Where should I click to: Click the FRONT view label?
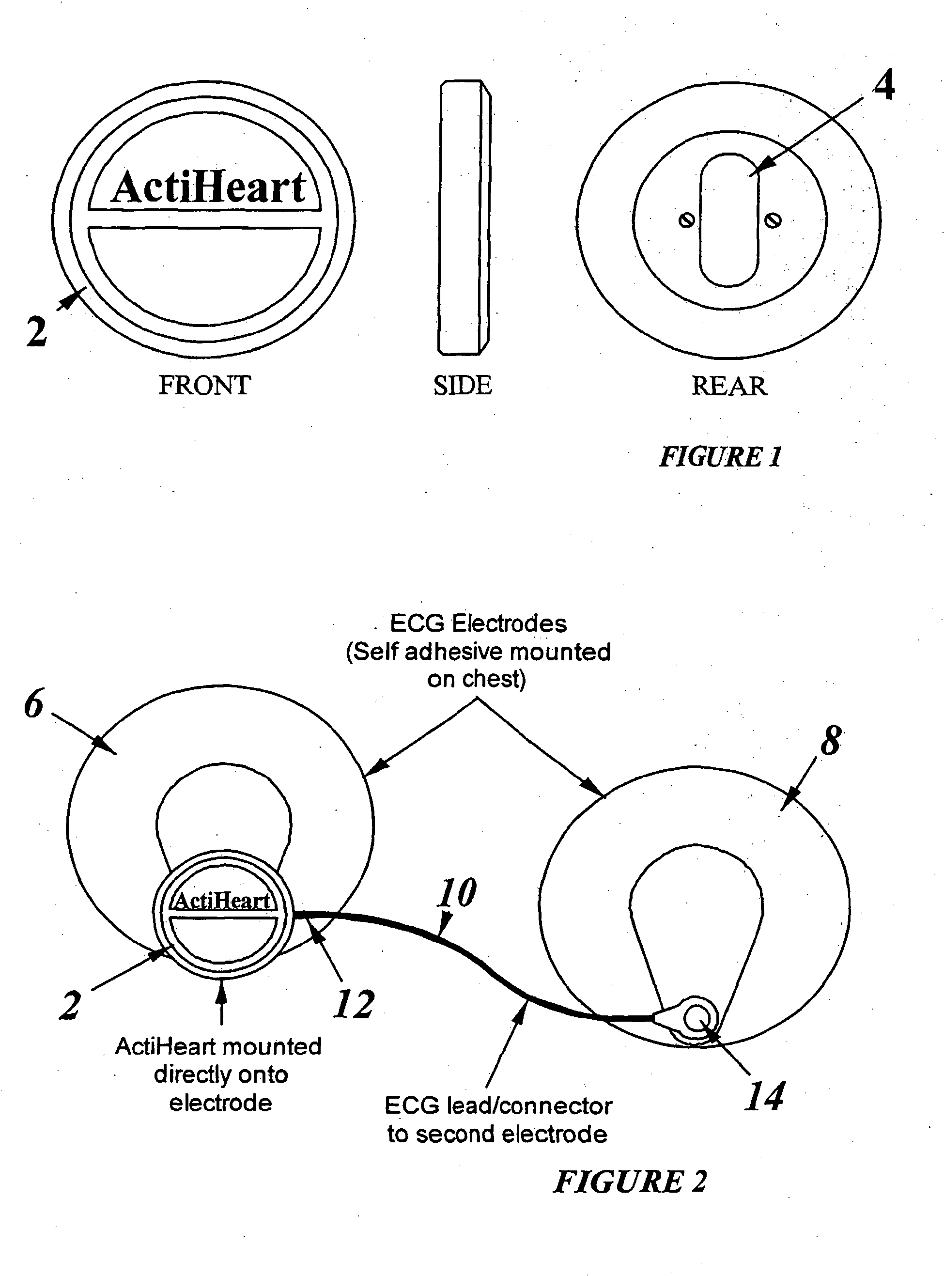pyautogui.click(x=204, y=385)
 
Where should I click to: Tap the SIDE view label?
pyautogui.click(x=462, y=385)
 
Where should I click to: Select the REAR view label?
pyautogui.click(x=729, y=386)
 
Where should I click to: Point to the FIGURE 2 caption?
pyautogui.click(x=630, y=1181)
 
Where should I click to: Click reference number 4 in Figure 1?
pyautogui.click(x=884, y=85)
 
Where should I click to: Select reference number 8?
pyautogui.click(x=831, y=741)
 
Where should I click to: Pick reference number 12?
pyautogui.click(x=354, y=1004)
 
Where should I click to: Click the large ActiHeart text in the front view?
pyautogui.click(x=209, y=187)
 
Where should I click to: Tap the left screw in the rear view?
pyautogui.click(x=687, y=220)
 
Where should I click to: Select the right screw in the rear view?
pyautogui.click(x=773, y=220)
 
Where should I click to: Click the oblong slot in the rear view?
pyautogui.click(x=729, y=220)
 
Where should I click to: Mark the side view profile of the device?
pyautogui.click(x=464, y=217)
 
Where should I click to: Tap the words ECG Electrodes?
pyautogui.click(x=478, y=623)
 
